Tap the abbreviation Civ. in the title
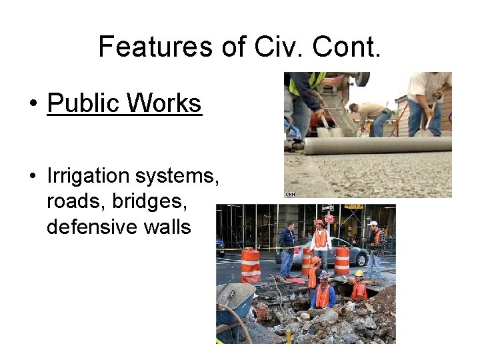click(x=271, y=47)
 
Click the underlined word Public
click(x=84, y=104)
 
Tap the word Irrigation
click(x=88, y=177)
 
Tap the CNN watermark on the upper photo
click(x=290, y=194)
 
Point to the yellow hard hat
click(x=359, y=273)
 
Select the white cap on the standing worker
click(x=373, y=223)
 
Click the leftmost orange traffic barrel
click(x=251, y=265)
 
